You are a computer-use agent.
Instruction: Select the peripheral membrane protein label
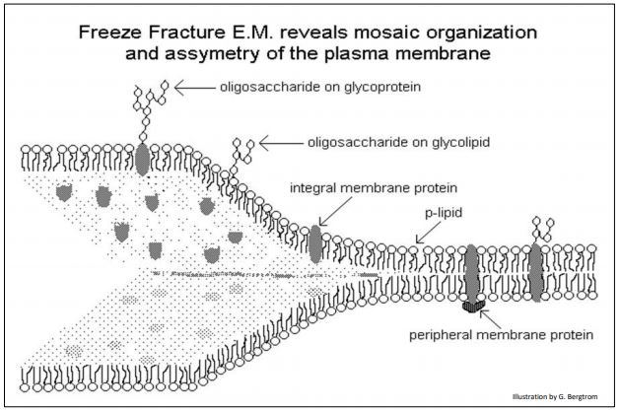[502, 334]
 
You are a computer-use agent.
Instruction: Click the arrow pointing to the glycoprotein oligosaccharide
[209, 87]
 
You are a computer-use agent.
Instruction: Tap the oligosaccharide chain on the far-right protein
[538, 226]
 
